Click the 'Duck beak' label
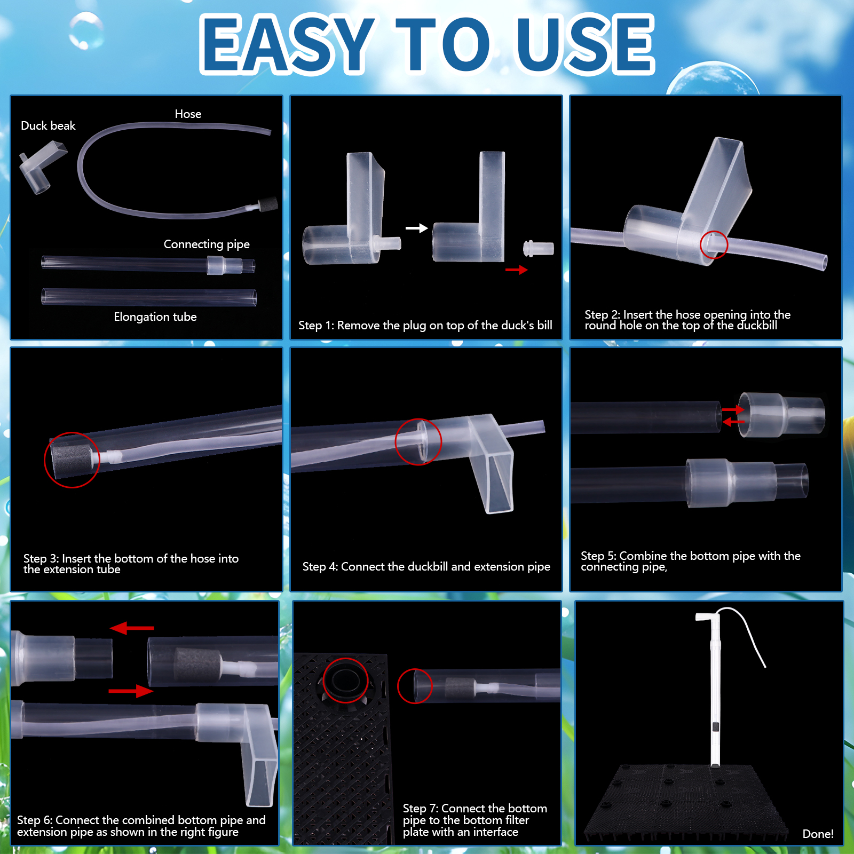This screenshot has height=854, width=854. [48, 126]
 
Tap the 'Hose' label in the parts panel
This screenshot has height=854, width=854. [188, 114]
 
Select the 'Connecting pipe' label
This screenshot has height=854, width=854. [207, 244]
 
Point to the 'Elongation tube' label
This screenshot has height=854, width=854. [155, 317]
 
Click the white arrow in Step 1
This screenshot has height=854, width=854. [416, 228]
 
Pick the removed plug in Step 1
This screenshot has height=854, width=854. [538, 249]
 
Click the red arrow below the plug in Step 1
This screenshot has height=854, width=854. [516, 270]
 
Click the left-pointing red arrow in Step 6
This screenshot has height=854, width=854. [132, 628]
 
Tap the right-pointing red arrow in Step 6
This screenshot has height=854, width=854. [131, 691]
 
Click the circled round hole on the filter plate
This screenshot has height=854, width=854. [345, 681]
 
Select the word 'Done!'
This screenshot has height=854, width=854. [818, 834]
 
